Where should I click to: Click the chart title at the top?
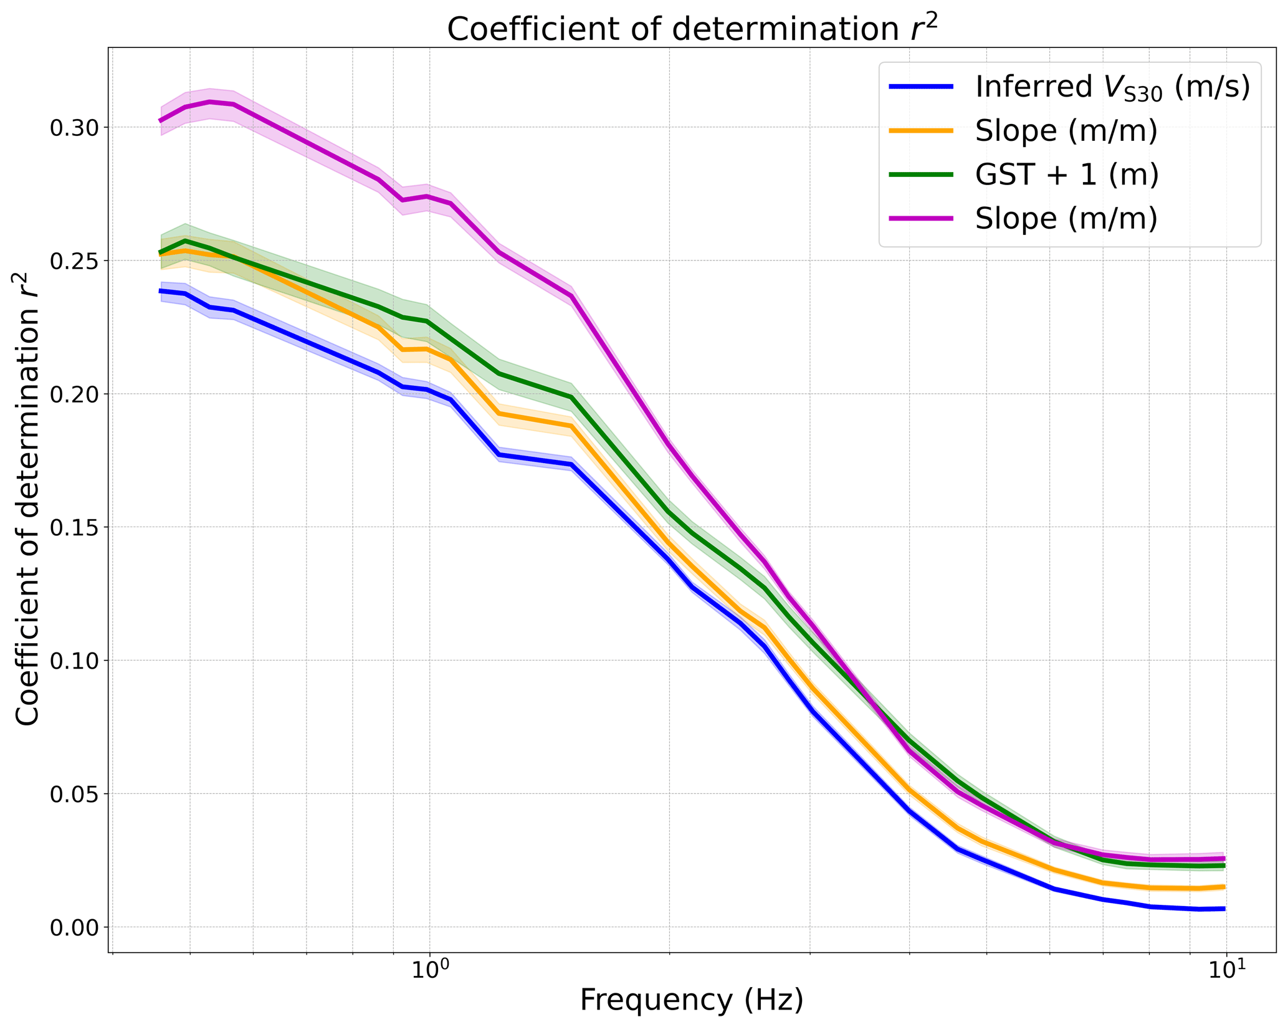(692, 29)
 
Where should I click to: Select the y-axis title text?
(28, 499)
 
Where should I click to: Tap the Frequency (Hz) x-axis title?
(692, 1000)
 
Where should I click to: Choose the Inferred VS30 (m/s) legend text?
(1112, 87)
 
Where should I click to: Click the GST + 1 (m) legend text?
(1067, 174)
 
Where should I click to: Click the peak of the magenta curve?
(210, 102)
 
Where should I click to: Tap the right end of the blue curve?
(1224, 909)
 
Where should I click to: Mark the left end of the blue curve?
(161, 291)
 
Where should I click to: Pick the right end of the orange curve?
(1224, 887)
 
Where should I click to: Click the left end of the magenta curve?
(161, 121)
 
